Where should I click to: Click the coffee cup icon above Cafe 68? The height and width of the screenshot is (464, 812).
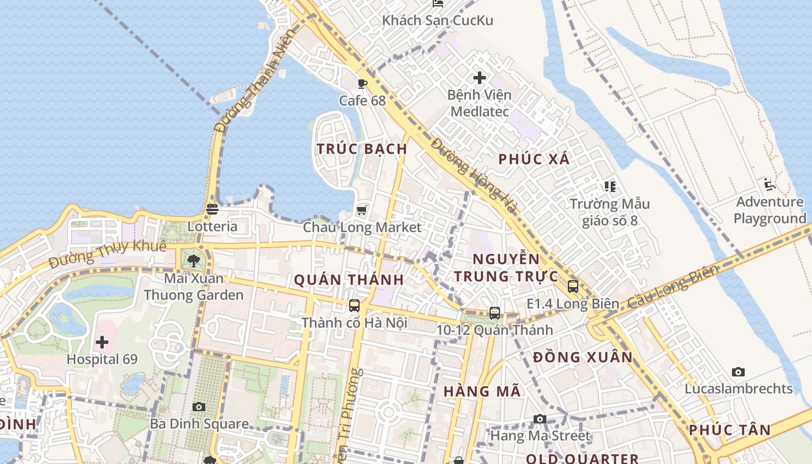pyautogui.click(x=362, y=84)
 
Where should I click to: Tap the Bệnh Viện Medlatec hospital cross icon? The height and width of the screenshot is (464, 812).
pyautogui.click(x=480, y=77)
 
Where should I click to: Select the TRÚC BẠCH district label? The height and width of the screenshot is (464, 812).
pyautogui.click(x=362, y=148)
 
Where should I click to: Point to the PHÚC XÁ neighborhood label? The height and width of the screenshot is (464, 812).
pyautogui.click(x=534, y=159)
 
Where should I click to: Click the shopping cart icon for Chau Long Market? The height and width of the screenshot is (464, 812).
pyautogui.click(x=362, y=210)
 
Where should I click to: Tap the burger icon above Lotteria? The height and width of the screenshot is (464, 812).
pyautogui.click(x=212, y=209)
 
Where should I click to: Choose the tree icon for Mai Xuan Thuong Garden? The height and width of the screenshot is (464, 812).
pyautogui.click(x=193, y=261)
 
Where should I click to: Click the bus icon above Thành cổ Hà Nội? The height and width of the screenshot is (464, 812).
pyautogui.click(x=354, y=306)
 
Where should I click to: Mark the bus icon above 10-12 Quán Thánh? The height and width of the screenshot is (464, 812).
pyautogui.click(x=495, y=313)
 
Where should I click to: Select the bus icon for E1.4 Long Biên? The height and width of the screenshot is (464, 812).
pyautogui.click(x=573, y=286)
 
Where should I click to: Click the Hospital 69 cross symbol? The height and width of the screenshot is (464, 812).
pyautogui.click(x=102, y=342)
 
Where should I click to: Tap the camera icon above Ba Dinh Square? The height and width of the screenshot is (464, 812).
pyautogui.click(x=199, y=407)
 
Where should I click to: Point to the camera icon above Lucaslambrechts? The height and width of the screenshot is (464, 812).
pyautogui.click(x=738, y=372)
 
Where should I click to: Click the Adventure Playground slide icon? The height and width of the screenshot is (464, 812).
pyautogui.click(x=770, y=185)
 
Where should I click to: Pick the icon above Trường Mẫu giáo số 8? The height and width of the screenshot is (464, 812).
pyautogui.click(x=610, y=187)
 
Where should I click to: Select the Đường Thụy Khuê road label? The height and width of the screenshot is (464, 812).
pyautogui.click(x=108, y=253)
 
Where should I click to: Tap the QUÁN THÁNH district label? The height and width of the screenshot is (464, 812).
pyautogui.click(x=349, y=280)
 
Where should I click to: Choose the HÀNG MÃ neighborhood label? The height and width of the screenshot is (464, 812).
pyautogui.click(x=482, y=391)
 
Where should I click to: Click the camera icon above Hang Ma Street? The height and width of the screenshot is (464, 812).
pyautogui.click(x=540, y=419)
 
